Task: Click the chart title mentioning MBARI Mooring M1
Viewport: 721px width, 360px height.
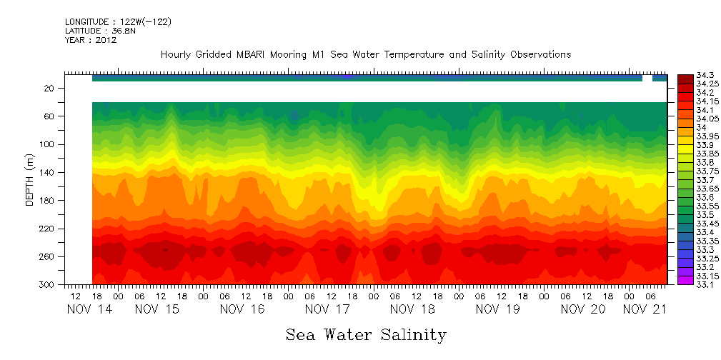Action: click(365, 54)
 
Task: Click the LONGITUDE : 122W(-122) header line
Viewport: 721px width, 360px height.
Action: click(118, 22)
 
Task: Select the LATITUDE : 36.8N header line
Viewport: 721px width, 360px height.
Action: click(101, 31)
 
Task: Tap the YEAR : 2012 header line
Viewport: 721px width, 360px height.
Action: click(90, 40)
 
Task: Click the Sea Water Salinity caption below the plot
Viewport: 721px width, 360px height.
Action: click(366, 334)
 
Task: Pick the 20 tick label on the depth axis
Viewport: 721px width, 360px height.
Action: click(49, 89)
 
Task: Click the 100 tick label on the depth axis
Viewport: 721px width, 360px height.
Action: click(47, 144)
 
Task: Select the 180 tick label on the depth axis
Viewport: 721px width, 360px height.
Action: click(47, 201)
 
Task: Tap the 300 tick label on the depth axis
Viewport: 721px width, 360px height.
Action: click(47, 285)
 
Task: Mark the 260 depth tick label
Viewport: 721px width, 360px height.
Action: click(47, 256)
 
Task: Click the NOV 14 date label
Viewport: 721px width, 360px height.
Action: click(89, 309)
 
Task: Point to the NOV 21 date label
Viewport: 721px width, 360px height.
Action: click(646, 309)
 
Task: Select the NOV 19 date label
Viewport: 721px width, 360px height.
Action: click(497, 309)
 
